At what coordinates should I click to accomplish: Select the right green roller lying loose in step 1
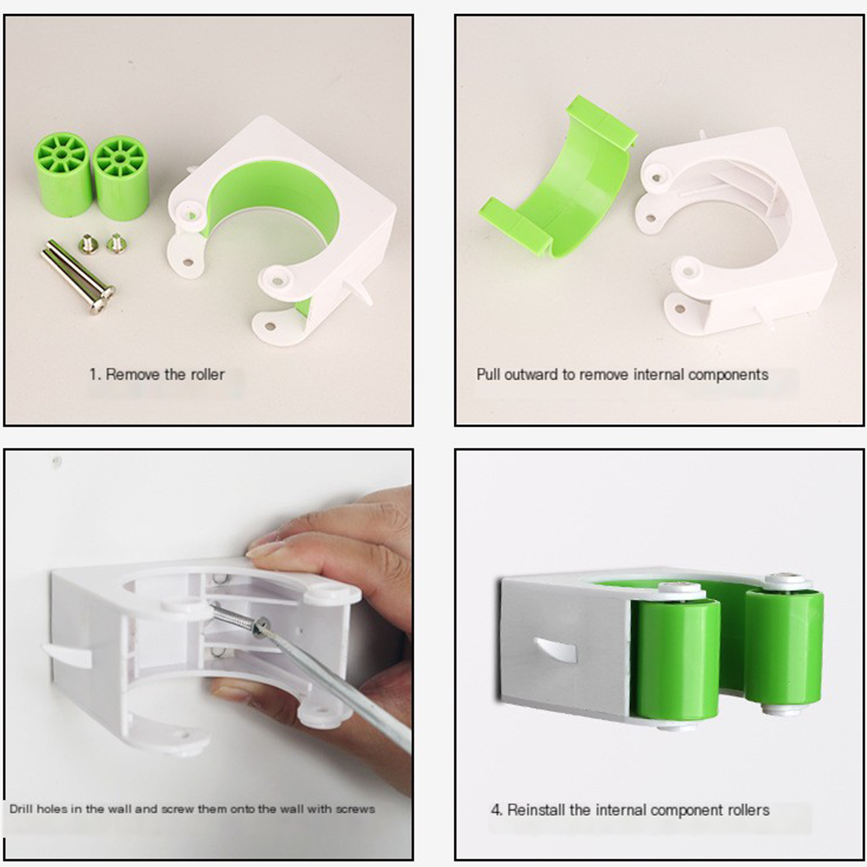coord(121,178)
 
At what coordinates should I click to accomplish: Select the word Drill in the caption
coord(21,809)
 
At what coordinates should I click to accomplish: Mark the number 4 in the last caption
coord(496,810)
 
